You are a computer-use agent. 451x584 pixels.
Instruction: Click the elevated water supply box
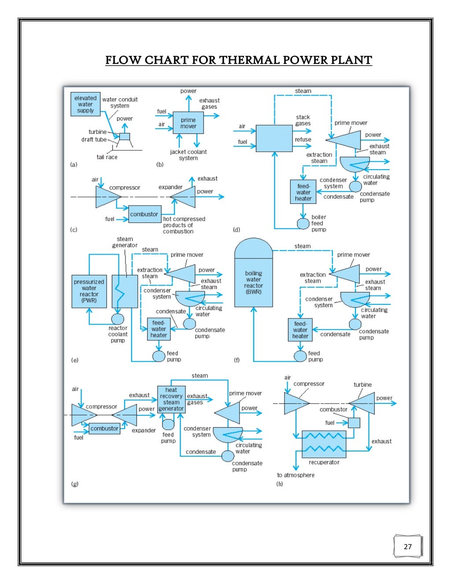85,104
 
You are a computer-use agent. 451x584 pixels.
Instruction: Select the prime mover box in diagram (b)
188,123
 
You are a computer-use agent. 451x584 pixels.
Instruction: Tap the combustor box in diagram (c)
144,214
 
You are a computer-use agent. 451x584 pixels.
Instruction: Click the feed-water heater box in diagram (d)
303,192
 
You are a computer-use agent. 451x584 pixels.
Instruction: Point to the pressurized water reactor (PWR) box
89,291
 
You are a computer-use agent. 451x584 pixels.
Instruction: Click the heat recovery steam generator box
171,399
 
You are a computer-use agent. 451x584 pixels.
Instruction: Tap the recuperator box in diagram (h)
324,444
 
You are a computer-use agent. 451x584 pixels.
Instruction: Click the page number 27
407,547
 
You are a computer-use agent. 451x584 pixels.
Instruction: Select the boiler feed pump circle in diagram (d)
303,223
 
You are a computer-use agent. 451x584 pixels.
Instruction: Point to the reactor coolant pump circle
118,318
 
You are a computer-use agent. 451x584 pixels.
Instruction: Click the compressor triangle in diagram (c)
106,196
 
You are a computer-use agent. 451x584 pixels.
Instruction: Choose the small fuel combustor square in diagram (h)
354,423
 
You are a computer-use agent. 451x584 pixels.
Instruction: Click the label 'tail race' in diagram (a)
107,157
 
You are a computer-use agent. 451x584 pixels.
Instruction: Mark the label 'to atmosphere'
296,475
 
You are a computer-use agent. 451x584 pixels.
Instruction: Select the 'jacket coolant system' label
188,155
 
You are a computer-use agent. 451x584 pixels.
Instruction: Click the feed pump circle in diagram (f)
300,356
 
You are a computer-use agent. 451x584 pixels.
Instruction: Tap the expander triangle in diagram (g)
126,415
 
